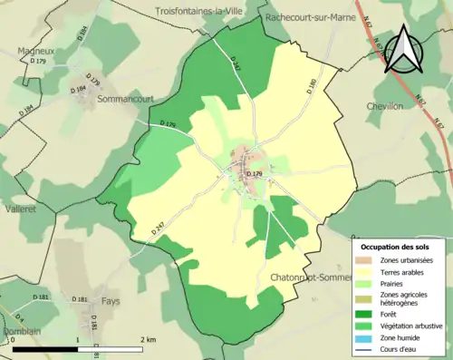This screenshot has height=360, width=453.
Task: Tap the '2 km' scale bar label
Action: pyautogui.click(x=148, y=339)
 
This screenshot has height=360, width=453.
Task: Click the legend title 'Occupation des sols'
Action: pyautogui.click(x=395, y=247)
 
